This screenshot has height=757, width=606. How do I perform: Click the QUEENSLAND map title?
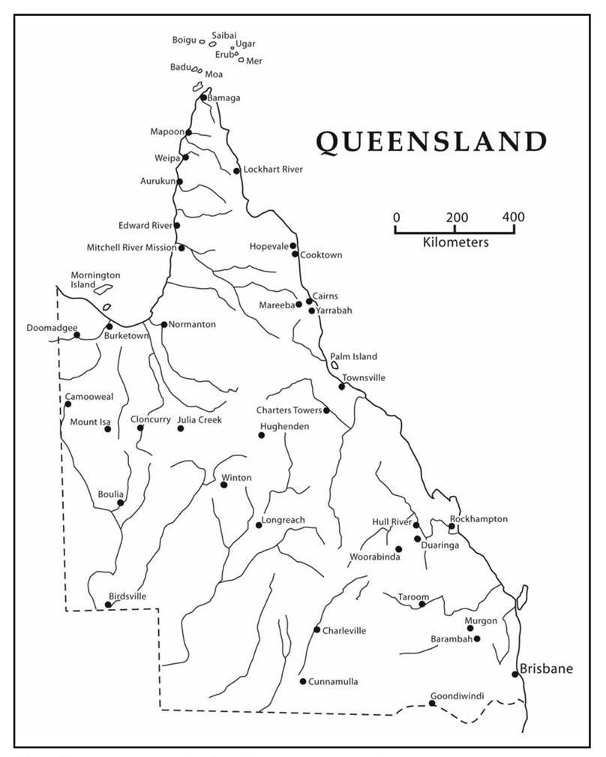click(x=430, y=142)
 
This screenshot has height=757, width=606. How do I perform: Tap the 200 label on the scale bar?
click(x=454, y=217)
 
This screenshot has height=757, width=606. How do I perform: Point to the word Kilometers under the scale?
click(x=455, y=242)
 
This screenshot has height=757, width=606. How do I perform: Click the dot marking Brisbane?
click(x=515, y=674)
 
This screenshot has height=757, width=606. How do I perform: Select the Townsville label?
click(x=364, y=377)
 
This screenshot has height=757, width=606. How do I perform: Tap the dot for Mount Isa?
click(x=107, y=429)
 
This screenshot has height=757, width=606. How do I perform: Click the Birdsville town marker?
click(x=108, y=604)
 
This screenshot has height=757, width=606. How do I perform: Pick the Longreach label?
click(x=284, y=520)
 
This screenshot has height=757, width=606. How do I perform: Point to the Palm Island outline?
click(x=334, y=365)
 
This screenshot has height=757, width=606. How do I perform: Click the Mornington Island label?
click(x=94, y=280)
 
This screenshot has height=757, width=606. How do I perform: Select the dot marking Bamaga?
click(x=203, y=98)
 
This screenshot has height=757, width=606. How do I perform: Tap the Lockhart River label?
click(x=273, y=170)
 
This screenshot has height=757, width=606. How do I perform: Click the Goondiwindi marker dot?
click(x=432, y=703)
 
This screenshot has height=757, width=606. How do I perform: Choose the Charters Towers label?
click(x=289, y=410)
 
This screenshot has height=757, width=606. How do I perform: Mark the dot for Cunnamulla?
click(x=303, y=681)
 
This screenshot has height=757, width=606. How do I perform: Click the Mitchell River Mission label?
click(x=131, y=247)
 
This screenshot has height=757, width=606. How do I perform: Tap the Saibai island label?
click(x=223, y=35)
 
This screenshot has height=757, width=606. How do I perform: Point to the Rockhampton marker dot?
click(x=451, y=526)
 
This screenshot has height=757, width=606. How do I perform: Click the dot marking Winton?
click(x=223, y=485)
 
